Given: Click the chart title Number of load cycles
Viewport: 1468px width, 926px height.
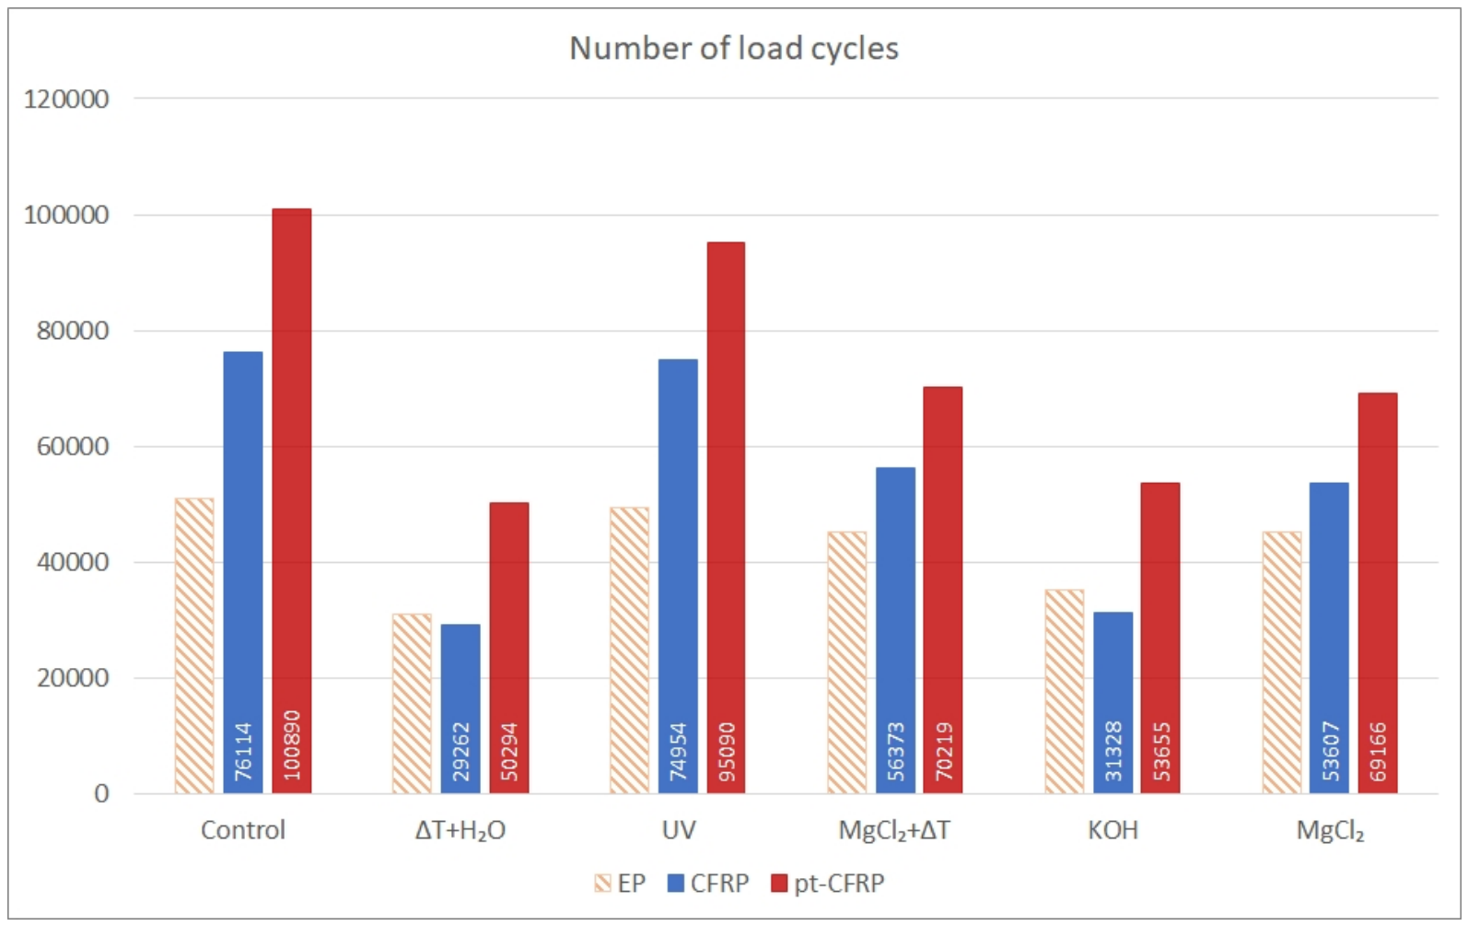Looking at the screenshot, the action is pos(733,49).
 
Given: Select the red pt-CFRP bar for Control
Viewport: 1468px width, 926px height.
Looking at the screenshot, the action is pos(292,501).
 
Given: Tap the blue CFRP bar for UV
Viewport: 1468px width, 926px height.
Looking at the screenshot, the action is pos(678,577).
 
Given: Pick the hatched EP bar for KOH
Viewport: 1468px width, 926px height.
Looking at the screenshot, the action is pos(1065,692).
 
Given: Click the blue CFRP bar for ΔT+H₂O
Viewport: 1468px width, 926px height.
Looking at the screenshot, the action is pos(460,709).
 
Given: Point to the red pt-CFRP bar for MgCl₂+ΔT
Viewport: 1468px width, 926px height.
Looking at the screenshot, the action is pos(943,591).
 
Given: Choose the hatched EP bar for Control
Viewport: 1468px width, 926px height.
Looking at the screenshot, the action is pos(194,646).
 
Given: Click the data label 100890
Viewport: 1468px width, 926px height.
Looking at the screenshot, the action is pos(292,745).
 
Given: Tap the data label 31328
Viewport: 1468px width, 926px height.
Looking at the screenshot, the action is pos(1113,752).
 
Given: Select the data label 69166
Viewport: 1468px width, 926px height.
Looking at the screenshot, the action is pos(1379,752).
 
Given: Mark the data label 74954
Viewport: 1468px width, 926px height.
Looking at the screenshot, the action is pos(679,752).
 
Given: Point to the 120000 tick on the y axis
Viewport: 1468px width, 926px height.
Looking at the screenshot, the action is pos(66,100).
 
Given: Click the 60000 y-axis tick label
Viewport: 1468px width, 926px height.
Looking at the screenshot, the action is pos(73,447).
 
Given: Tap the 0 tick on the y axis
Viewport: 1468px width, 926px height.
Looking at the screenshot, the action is pos(101,794).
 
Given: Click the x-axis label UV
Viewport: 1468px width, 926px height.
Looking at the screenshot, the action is pos(679,830).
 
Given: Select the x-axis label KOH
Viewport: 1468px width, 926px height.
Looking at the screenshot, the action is pos(1113,830).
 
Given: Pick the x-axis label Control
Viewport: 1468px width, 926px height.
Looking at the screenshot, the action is pos(243,830).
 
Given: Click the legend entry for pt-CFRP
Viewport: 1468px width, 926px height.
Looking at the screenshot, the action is pos(828,884).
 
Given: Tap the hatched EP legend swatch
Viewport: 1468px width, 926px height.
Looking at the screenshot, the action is pos(603,884).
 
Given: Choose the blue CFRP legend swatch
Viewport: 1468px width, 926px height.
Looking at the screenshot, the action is pos(676,884).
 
